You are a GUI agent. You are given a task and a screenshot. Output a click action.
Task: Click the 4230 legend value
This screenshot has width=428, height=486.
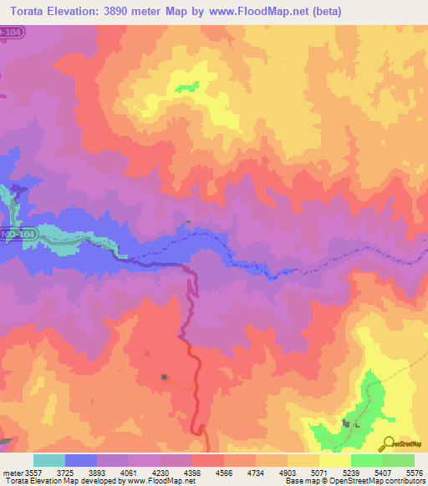[172, 471]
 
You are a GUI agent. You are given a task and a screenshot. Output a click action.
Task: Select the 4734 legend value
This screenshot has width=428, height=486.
[267, 471]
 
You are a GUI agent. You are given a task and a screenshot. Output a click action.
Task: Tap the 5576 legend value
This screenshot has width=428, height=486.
[414, 471]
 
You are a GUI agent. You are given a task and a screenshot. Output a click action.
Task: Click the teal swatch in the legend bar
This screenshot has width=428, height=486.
[49, 460]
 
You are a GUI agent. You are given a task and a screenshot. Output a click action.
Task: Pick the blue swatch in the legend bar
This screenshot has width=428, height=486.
[81, 460]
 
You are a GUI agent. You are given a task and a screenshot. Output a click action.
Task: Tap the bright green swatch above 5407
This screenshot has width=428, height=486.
[366, 460]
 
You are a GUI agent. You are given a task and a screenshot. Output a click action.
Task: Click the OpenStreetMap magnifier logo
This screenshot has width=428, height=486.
[390, 443]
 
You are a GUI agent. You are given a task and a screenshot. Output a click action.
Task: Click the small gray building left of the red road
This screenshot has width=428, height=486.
[164, 377]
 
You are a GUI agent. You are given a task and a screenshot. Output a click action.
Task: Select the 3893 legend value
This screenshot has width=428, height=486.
[110, 471]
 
